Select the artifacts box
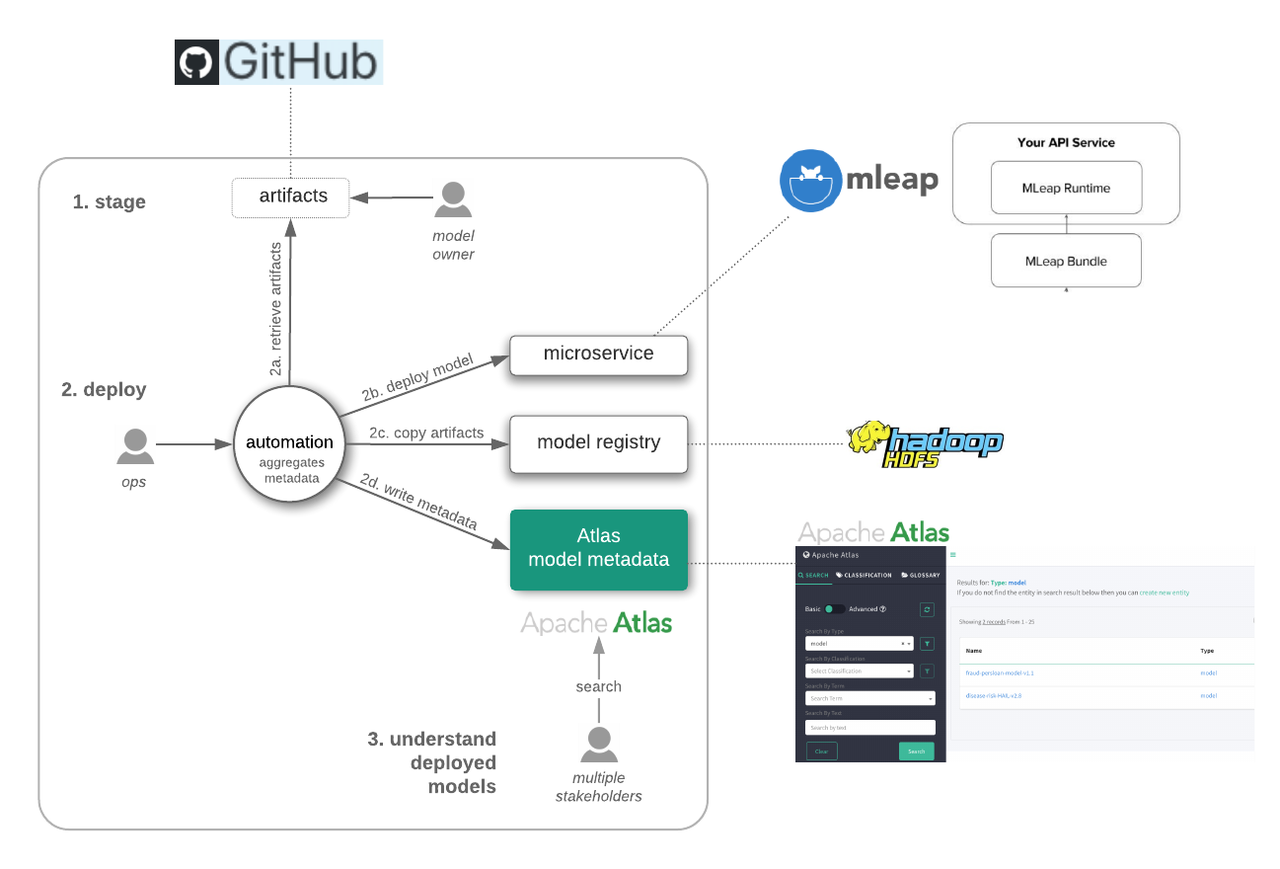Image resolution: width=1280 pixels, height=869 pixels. point(292,197)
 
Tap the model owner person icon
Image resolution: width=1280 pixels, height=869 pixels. point(453,197)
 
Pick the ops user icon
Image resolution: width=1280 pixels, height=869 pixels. point(135,445)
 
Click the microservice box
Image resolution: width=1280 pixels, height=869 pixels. point(598,355)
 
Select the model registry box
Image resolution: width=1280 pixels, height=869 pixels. point(598,443)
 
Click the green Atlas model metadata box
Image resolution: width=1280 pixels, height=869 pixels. point(598,549)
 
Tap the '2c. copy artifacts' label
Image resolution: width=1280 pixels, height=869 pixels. point(426,433)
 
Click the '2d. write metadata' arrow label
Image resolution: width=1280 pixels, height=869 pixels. point(418,503)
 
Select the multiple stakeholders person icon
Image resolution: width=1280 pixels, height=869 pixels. point(598,743)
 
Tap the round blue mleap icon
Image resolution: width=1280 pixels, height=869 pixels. point(810,181)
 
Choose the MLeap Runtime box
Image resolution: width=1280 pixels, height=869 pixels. point(1066,188)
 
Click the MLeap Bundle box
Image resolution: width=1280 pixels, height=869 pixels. point(1066,261)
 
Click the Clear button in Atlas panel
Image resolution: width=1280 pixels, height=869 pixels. point(821,750)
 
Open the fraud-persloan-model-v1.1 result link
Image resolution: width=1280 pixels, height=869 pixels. point(1000,672)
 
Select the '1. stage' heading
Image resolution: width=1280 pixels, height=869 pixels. point(109,202)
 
